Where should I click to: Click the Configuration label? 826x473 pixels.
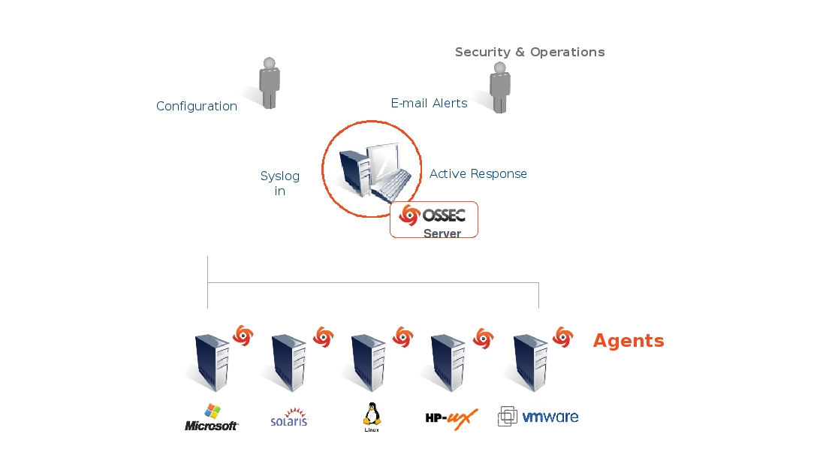pyautogui.click(x=197, y=107)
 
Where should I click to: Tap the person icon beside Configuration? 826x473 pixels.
pyautogui.click(x=269, y=83)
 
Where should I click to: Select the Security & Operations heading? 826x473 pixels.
pyautogui.click(x=529, y=53)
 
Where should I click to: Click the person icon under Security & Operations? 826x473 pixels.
pyautogui.click(x=499, y=87)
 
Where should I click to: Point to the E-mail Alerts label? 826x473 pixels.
pyautogui.click(x=429, y=104)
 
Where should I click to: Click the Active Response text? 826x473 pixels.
pyautogui.click(x=478, y=174)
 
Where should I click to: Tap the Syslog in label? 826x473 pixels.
pyautogui.click(x=280, y=184)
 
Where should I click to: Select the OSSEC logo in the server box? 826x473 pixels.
pyautogui.click(x=433, y=215)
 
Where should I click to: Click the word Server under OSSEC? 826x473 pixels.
pyautogui.click(x=442, y=233)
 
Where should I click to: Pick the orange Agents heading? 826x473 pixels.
pyautogui.click(x=629, y=341)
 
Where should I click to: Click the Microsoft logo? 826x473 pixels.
pyautogui.click(x=212, y=419)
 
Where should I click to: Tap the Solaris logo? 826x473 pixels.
pyautogui.click(x=289, y=418)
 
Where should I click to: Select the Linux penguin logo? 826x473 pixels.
pyautogui.click(x=371, y=417)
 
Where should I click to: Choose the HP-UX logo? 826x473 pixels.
pyautogui.click(x=451, y=418)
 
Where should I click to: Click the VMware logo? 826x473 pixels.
pyautogui.click(x=538, y=417)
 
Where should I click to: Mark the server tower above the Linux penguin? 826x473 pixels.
pyautogui.click(x=369, y=363)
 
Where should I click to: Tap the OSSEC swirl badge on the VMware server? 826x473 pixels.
pyautogui.click(x=562, y=337)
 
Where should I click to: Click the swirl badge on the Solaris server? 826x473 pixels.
pyautogui.click(x=323, y=337)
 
